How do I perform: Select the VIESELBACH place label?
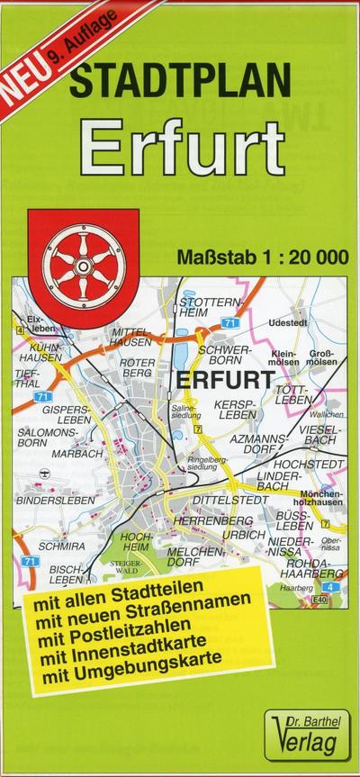point(320,437)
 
